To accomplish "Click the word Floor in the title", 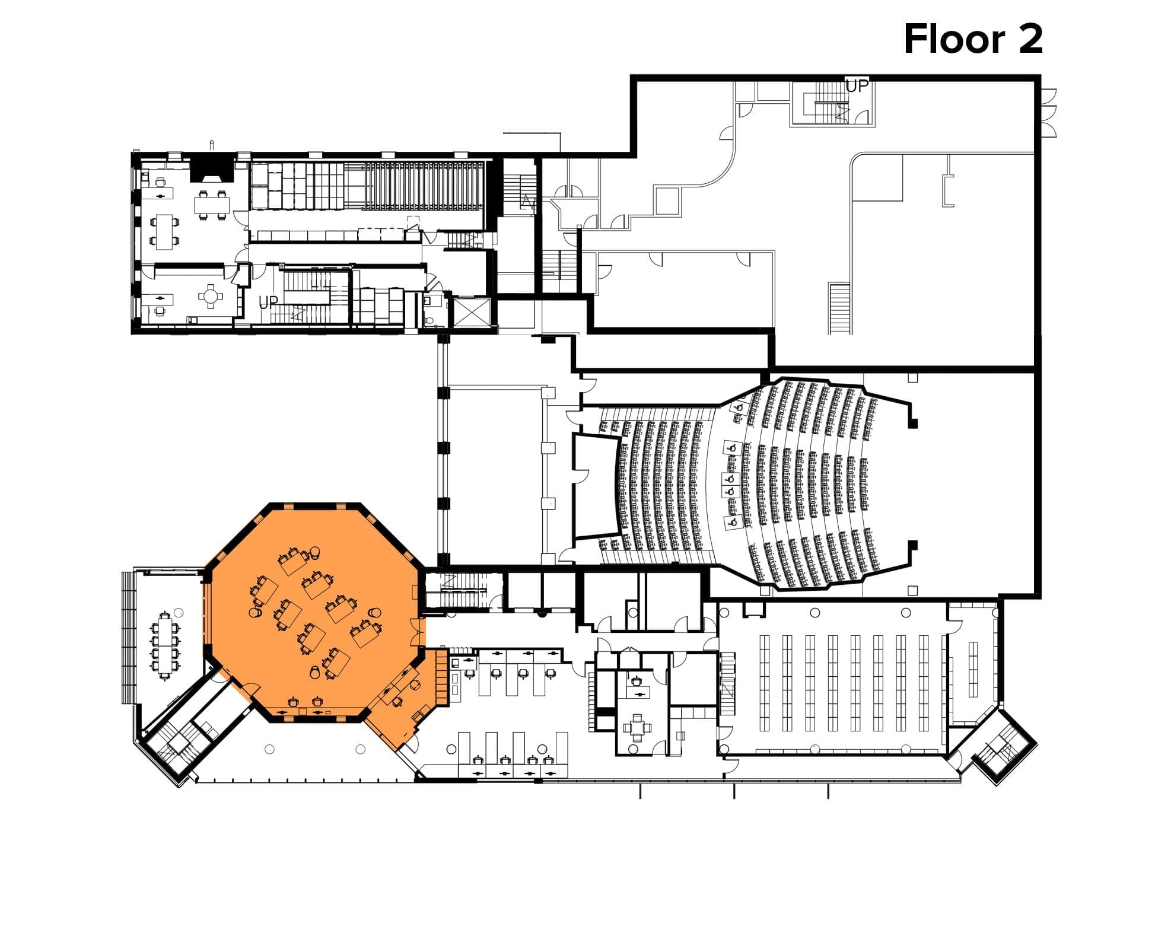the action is point(954,39).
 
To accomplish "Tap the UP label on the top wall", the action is point(857,87).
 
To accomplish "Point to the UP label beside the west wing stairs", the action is point(268,303).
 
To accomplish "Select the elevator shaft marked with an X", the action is point(472,312).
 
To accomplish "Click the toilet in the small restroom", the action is point(430,320).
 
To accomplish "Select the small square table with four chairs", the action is point(637,727).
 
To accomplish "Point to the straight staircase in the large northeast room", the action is point(839,308).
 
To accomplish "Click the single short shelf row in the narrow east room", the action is point(973,669).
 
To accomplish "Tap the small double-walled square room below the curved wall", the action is point(667,200).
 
